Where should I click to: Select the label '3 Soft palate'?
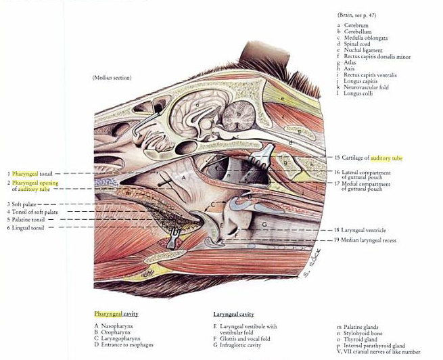click(x=22, y=204)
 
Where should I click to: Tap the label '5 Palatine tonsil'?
click(x=27, y=220)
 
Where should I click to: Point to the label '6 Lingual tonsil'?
click(x=26, y=228)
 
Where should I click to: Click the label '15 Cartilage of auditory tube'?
click(x=368, y=158)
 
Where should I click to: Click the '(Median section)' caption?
click(x=112, y=78)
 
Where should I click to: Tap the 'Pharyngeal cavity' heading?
click(x=116, y=314)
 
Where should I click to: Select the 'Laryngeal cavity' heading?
click(x=233, y=315)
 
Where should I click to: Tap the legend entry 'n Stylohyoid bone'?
click(x=366, y=333)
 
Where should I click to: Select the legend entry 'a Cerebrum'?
click(x=356, y=25)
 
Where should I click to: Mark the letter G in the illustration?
click(x=265, y=223)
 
